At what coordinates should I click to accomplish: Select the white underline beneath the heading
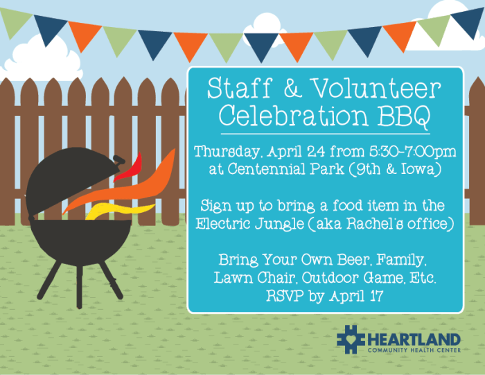(x=325, y=132)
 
